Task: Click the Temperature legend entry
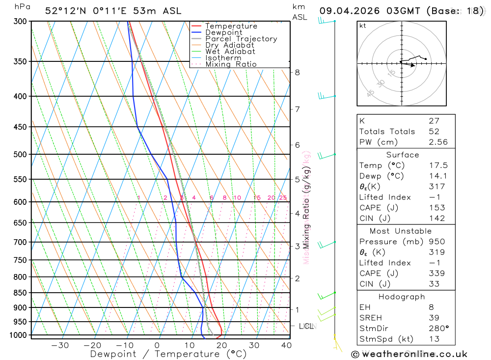click(231, 26)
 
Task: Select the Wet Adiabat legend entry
click(230, 52)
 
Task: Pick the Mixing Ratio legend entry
click(231, 64)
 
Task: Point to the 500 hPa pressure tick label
click(20, 154)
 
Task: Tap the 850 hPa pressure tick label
click(20, 293)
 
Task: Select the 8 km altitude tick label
click(297, 72)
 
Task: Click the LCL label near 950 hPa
click(306, 326)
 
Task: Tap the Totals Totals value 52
click(434, 132)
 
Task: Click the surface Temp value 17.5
click(438, 166)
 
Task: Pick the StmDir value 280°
click(439, 329)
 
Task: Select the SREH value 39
click(434, 318)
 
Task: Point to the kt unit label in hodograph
click(363, 26)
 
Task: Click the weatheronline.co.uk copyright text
click(409, 354)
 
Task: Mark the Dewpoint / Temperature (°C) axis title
click(168, 354)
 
